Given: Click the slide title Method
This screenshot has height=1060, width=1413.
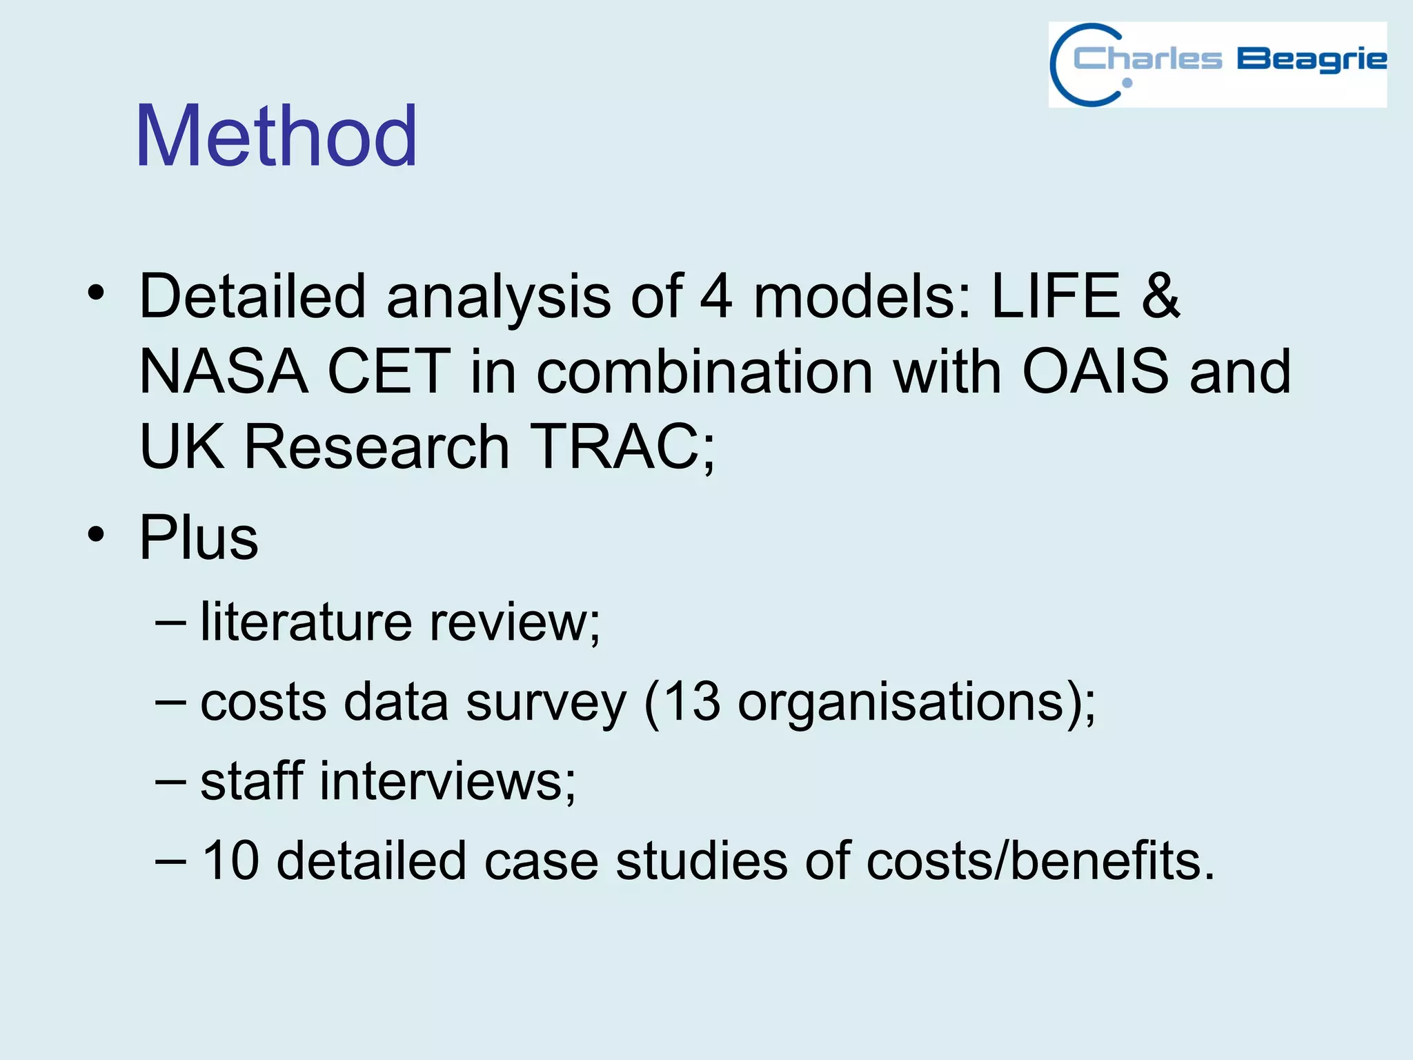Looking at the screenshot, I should tap(276, 136).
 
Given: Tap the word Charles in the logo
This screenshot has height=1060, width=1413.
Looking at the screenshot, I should tap(1147, 59).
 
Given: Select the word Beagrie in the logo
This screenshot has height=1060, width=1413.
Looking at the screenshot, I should tap(1311, 59).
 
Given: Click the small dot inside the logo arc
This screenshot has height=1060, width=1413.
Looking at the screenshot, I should tap(1127, 84).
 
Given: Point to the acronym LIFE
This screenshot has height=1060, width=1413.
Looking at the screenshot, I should tap(1056, 296).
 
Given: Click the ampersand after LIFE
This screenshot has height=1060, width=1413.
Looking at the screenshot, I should tap(1160, 296).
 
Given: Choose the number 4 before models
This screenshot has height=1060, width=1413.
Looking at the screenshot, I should tap(715, 296).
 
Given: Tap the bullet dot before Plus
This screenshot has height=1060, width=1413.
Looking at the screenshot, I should tap(96, 535).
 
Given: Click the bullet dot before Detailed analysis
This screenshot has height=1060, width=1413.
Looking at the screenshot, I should tap(96, 293).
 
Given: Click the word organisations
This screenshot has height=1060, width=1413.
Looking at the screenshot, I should tap(901, 703).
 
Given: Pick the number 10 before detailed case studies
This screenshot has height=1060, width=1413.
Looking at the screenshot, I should tap(230, 861).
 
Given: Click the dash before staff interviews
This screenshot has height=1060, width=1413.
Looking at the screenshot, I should tap(170, 782).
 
